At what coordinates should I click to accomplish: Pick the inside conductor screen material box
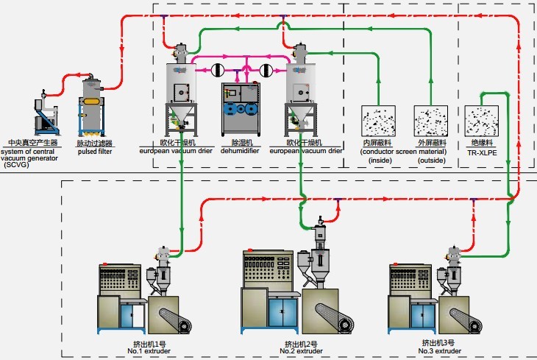click(x=378, y=121)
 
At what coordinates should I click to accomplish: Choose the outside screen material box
click(x=430, y=121)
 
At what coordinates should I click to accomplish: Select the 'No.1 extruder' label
click(x=143, y=351)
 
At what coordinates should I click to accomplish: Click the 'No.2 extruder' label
click(x=302, y=351)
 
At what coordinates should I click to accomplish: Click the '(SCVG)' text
click(x=13, y=166)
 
